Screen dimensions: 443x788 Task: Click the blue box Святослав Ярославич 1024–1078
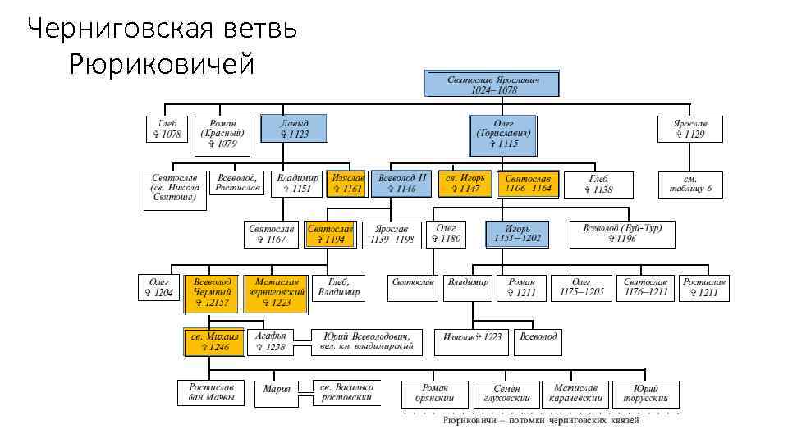[x=492, y=84]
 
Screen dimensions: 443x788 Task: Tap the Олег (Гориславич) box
[x=504, y=135]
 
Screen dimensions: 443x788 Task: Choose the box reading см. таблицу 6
[x=690, y=184]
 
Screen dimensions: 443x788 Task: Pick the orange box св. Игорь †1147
[x=465, y=184]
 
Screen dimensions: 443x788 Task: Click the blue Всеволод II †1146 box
[x=401, y=184]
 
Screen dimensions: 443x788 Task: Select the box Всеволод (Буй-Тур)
[x=622, y=234]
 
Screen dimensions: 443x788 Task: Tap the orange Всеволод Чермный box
[x=213, y=293]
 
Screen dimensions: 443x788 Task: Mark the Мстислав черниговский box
[x=276, y=293]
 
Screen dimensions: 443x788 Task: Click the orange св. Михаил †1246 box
[x=212, y=341]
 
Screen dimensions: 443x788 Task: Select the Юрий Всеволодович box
[x=366, y=341]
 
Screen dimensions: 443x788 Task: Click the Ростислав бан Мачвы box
[x=212, y=392]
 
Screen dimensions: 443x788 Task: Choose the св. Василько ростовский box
[x=346, y=392]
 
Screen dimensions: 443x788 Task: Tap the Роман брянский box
[x=435, y=393]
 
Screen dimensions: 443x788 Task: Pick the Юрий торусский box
[x=644, y=393]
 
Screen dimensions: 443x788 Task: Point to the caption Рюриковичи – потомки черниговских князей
[x=541, y=420]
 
